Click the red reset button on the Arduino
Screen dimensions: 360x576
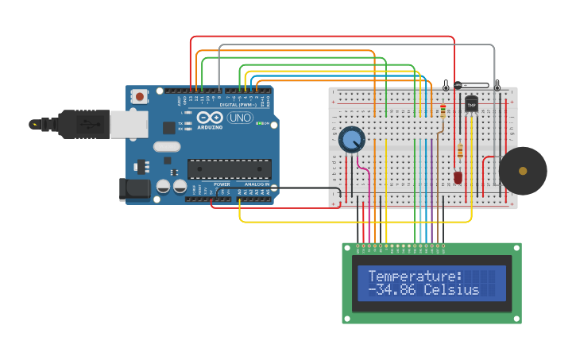[140, 97]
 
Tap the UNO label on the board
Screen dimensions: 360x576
[239, 118]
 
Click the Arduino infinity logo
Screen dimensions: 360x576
[210, 118]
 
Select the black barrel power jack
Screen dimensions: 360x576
[133, 188]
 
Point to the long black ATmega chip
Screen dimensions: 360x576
[229, 168]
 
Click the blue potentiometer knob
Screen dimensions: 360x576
[351, 140]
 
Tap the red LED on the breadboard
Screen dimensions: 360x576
[458, 177]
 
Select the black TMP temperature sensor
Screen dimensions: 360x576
[471, 104]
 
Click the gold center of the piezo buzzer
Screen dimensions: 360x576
[523, 171]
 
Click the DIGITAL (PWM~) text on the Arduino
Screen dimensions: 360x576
[238, 105]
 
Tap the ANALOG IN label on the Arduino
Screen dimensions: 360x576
[256, 184]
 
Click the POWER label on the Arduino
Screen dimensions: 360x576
[222, 184]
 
